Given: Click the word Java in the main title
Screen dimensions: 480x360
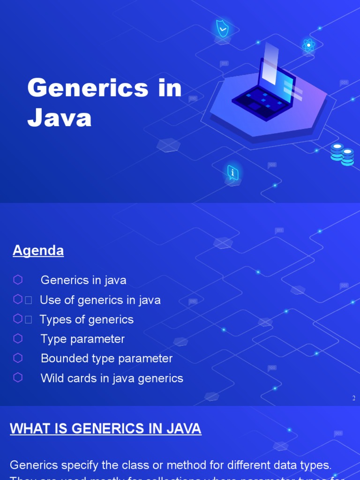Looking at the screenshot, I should point(60,118).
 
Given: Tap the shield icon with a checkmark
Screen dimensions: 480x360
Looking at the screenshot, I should point(222,29).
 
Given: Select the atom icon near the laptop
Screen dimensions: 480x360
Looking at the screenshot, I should point(308,45).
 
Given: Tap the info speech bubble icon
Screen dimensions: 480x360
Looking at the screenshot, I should point(233,172).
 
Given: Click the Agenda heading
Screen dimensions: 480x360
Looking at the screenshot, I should point(38,251).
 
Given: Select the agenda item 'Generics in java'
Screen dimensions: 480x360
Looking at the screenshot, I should point(83,280).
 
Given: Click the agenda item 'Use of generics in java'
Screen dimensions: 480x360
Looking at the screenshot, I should point(100,300).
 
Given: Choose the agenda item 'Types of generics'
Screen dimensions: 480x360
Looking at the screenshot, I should point(87,320).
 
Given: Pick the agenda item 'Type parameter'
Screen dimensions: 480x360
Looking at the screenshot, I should point(82,339).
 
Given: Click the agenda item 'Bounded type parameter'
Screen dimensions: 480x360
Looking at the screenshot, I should point(106,359).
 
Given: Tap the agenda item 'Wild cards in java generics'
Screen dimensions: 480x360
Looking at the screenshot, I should point(112,378).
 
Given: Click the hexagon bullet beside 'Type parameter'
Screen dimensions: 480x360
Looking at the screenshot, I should point(18,338).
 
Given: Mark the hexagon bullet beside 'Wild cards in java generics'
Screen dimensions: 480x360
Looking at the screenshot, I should point(18,377).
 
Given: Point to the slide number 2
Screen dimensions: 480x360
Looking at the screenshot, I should point(354,398).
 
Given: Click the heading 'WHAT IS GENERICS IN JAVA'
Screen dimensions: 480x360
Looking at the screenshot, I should point(105,428).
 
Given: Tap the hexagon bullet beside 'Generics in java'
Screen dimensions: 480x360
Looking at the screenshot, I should point(18,280).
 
